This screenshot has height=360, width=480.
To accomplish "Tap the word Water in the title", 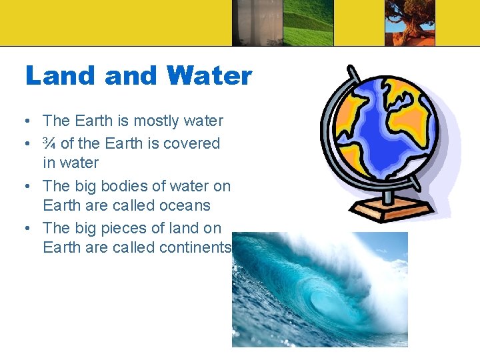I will (x=210, y=75).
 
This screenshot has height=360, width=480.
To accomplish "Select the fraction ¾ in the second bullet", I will (x=49, y=143).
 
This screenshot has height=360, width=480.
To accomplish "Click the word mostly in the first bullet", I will (x=155, y=121).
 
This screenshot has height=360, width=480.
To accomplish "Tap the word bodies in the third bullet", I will (x=123, y=185).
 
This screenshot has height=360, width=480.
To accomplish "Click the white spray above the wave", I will (x=373, y=260).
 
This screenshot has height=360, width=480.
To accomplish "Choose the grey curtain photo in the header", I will (x=257, y=23).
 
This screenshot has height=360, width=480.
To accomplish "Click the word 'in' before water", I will (x=50, y=163).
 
